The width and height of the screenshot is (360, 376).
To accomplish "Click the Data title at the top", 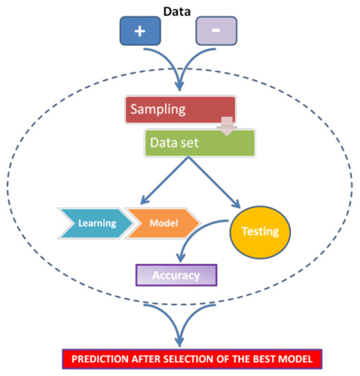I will pyautogui.click(x=179, y=10).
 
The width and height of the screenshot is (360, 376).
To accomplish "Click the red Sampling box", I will pyautogui.click(x=180, y=109).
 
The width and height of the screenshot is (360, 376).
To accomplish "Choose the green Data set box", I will pyautogui.click(x=199, y=142).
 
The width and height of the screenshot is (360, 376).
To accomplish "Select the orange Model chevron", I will pyautogui.click(x=162, y=223).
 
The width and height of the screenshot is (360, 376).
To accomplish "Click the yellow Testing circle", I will pyautogui.click(x=259, y=230).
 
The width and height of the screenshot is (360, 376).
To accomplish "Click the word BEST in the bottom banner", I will pyautogui.click(x=267, y=358).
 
